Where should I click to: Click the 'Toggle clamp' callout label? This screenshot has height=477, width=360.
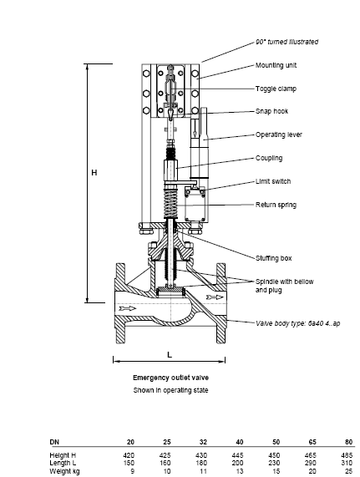276,89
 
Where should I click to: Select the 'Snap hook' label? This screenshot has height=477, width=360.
271,111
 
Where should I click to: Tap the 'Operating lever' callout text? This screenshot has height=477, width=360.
279,134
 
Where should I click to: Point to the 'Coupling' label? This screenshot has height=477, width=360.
269,158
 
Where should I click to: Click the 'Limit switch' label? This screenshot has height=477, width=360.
273,181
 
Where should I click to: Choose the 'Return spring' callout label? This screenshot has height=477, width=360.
276,205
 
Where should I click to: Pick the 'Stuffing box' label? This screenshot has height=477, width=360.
273,258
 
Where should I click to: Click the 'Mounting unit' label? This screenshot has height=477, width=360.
276,65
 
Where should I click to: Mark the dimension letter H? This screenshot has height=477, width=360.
94,173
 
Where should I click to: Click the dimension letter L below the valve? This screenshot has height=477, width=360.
170,355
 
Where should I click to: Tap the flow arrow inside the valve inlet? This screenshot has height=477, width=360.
128,309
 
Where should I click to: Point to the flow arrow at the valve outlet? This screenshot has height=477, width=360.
215,297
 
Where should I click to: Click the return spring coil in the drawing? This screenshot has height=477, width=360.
170,203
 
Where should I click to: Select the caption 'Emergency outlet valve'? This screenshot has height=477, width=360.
170,378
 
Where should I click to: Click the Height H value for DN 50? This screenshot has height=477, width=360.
274,455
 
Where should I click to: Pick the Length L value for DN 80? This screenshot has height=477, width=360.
347,463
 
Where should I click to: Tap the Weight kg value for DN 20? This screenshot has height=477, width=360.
132,471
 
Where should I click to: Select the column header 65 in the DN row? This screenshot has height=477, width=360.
312,442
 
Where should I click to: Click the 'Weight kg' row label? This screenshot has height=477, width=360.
64,471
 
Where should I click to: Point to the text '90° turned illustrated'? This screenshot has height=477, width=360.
286,42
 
